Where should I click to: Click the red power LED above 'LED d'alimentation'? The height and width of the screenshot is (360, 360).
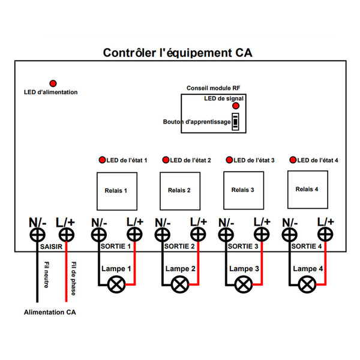53,83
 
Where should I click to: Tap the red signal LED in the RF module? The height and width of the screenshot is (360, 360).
236,106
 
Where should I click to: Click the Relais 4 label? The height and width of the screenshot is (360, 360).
307,189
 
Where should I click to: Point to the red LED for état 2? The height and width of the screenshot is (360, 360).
166,160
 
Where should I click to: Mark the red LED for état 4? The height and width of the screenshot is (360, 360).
293,160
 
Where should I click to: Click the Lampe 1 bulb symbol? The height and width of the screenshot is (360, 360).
116,284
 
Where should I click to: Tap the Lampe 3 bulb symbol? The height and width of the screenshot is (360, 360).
244,284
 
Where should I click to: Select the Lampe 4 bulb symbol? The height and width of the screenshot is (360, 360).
307,284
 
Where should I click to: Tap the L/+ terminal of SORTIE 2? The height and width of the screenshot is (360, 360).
198,235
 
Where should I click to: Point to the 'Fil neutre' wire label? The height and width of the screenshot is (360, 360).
46,275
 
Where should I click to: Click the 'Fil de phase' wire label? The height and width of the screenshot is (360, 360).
73,278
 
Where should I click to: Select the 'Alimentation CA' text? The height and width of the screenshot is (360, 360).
50,312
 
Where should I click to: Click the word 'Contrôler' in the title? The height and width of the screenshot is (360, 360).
130,53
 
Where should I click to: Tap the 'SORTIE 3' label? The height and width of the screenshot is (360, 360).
243,247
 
